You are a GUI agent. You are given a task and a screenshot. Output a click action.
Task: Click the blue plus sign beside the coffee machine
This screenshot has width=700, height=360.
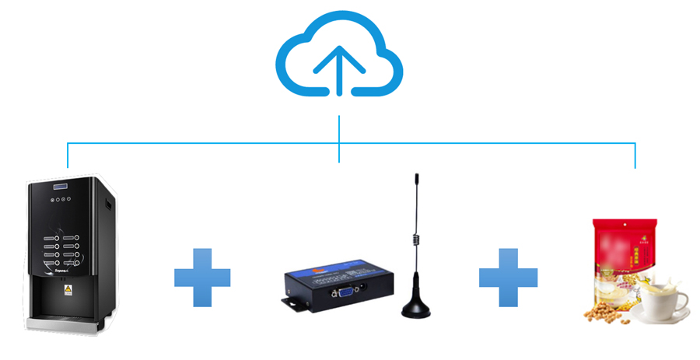click(x=202, y=276)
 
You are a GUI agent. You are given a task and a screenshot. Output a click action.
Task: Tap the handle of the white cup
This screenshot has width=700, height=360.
click(x=686, y=299)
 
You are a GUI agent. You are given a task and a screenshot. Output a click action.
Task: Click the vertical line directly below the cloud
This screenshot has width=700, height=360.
click(x=339, y=129)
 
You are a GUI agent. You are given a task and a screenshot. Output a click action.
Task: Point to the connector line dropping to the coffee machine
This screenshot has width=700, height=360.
click(x=68, y=156)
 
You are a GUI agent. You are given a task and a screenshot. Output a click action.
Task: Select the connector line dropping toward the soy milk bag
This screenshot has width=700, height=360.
click(x=635, y=156)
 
